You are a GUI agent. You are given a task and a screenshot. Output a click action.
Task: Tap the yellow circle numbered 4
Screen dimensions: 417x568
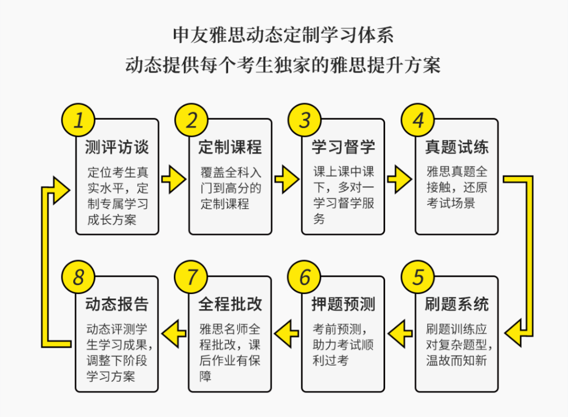(418, 120)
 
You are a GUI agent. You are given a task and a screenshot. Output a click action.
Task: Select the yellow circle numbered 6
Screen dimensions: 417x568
(304, 278)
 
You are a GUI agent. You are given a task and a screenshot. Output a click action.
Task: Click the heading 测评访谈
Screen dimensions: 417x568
(117, 147)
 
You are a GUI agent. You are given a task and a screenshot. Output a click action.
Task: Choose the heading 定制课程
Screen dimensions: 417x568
(230, 147)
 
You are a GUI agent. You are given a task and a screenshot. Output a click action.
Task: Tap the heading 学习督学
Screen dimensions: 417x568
(343, 147)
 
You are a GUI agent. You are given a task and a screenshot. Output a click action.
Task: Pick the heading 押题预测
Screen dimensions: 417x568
(343, 305)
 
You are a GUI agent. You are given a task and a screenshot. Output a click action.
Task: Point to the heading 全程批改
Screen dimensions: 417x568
(230, 305)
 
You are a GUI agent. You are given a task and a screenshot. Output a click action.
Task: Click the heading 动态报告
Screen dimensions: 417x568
(117, 305)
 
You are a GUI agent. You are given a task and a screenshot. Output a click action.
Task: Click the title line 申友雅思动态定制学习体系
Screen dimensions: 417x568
(283, 35)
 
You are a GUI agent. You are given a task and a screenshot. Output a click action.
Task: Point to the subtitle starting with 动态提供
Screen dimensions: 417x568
(283, 65)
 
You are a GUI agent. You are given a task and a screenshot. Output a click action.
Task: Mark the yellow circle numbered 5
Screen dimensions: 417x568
(418, 278)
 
